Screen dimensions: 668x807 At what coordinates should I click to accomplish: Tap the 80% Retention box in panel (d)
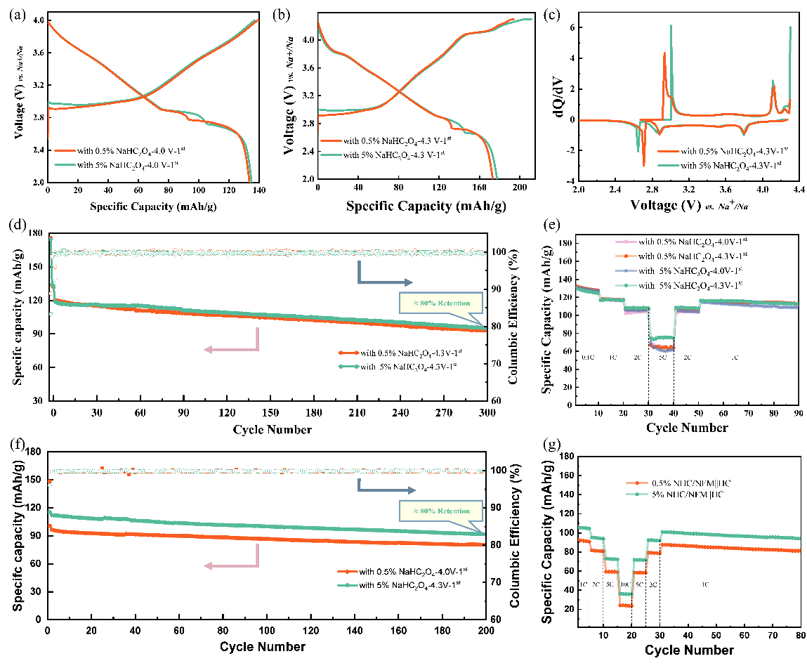(442, 304)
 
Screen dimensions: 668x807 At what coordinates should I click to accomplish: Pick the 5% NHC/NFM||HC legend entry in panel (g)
(678, 495)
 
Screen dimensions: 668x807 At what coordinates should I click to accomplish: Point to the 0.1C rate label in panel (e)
(588, 358)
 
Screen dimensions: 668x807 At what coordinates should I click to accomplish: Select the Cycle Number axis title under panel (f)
(261, 646)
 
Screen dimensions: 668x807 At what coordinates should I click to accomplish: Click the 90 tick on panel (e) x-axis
(796, 414)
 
